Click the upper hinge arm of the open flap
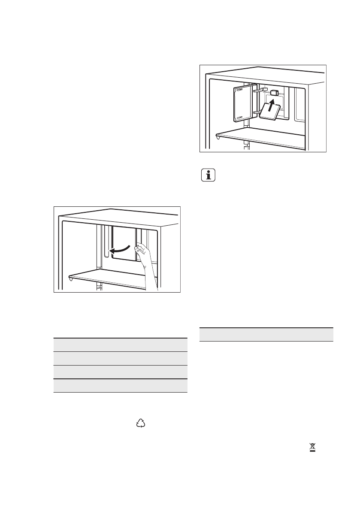[259, 91]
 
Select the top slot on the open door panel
[240, 91]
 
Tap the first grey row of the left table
[120, 345]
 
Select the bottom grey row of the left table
[120, 386]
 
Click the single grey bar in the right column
[267, 335]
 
